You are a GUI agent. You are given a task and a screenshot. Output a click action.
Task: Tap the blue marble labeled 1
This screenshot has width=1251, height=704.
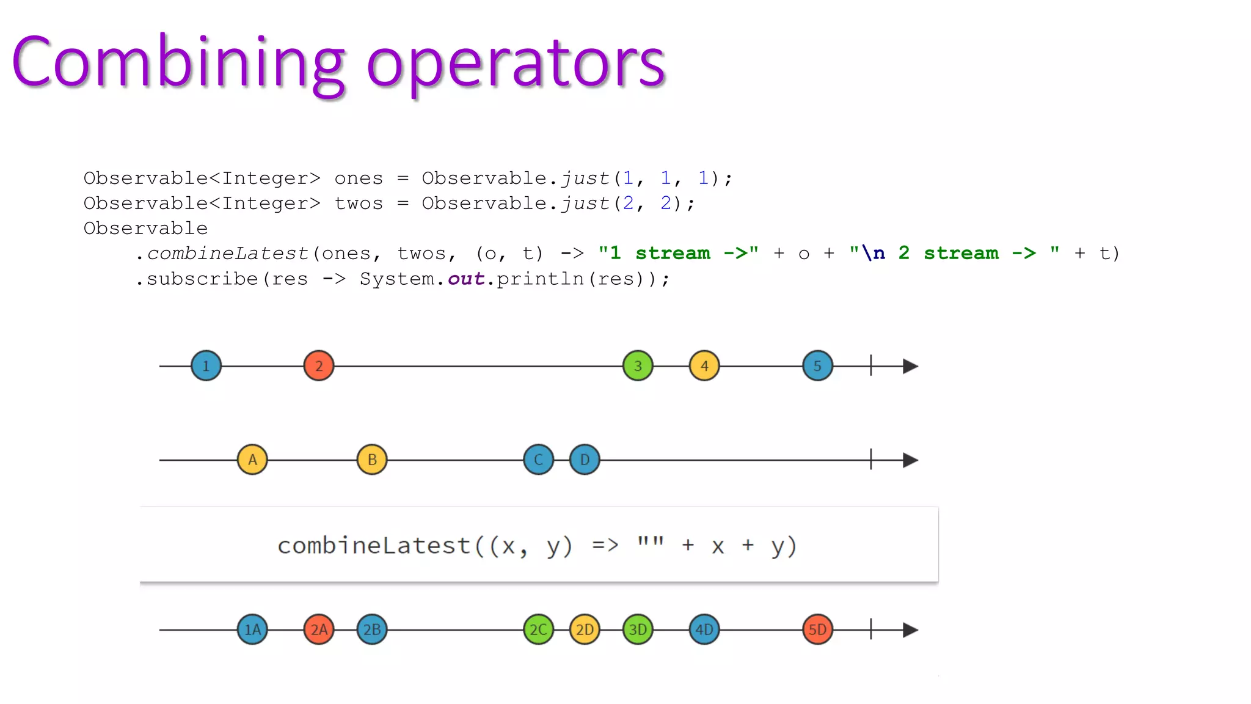click(x=206, y=366)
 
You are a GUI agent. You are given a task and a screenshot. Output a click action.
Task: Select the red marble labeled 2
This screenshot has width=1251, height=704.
click(x=319, y=366)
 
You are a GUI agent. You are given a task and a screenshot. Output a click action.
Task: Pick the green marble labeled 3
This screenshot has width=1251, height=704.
click(x=638, y=366)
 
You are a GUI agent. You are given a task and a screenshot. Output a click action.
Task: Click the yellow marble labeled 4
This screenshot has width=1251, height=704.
click(x=704, y=366)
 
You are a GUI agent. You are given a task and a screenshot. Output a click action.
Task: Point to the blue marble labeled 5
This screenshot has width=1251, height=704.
click(x=817, y=366)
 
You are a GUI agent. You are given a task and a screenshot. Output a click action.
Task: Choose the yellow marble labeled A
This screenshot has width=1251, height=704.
click(x=252, y=460)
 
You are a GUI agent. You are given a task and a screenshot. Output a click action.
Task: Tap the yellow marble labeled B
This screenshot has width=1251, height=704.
click(x=372, y=460)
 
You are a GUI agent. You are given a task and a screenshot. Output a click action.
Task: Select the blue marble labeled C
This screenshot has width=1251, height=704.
click(x=538, y=460)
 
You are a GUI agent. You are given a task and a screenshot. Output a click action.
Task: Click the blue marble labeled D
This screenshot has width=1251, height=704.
click(x=585, y=460)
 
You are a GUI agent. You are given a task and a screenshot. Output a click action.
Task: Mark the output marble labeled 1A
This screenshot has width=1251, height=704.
click(x=252, y=629)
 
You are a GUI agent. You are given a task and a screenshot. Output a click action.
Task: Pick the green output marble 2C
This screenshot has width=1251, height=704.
click(x=538, y=629)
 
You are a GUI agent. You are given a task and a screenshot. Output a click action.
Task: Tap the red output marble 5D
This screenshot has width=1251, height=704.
click(x=817, y=629)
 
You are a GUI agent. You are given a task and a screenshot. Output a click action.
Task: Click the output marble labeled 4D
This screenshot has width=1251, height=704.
click(x=704, y=629)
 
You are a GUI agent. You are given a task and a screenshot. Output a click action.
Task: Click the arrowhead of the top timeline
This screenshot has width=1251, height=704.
click(x=910, y=366)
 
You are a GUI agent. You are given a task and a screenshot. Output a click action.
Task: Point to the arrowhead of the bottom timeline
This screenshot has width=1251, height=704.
click(x=910, y=629)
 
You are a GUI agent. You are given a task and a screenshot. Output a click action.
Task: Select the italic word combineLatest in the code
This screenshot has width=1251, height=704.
click(x=228, y=254)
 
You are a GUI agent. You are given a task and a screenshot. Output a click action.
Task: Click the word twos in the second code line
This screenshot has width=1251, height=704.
click(x=359, y=204)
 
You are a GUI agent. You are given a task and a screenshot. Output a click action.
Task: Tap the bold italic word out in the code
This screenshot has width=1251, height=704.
click(x=466, y=279)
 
